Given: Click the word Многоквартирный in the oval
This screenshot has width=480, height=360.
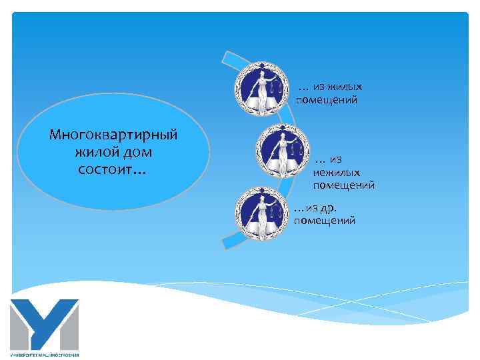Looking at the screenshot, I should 113,135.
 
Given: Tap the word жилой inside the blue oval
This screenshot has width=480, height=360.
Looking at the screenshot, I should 95,152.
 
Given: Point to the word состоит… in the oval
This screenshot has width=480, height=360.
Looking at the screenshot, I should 112,170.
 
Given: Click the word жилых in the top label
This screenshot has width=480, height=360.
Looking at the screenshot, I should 347,87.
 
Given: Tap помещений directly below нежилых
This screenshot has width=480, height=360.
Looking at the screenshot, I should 343,185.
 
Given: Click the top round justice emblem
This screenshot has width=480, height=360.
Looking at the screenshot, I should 261,90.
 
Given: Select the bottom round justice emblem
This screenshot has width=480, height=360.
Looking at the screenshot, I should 263,214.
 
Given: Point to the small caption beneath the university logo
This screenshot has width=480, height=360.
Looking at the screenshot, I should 45,354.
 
